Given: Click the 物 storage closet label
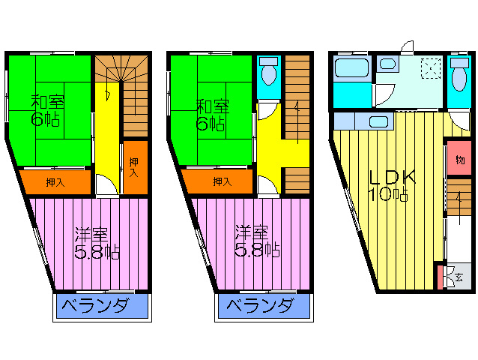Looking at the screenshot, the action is (x=460, y=160).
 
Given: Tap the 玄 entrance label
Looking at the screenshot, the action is (x=459, y=277).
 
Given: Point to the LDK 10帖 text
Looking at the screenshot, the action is (x=391, y=185).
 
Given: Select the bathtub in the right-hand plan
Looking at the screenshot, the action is (x=352, y=67).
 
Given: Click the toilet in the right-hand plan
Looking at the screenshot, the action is (x=459, y=74).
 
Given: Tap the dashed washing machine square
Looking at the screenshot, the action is (x=431, y=69).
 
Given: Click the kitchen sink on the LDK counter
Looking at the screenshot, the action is (x=378, y=121).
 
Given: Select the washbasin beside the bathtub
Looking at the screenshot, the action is (x=387, y=64).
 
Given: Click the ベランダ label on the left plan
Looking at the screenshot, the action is (x=94, y=306).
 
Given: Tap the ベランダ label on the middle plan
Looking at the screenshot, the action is (x=260, y=306).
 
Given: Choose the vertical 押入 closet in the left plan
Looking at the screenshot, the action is (x=135, y=167).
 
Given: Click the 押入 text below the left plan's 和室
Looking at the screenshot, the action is (x=55, y=183).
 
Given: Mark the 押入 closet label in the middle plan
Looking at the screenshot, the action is (x=223, y=182).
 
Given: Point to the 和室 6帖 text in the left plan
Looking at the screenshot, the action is (x=47, y=111).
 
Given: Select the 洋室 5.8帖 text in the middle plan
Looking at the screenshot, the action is (x=257, y=242).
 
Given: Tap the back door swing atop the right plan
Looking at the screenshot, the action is (x=408, y=47).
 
